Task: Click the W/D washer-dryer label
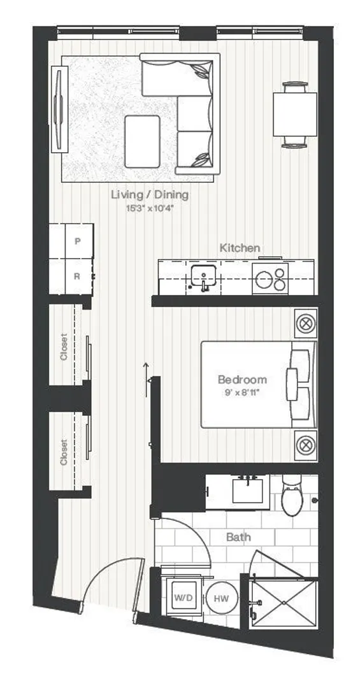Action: (x=184, y=598)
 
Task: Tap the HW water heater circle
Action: (x=222, y=598)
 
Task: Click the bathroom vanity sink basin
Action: (x=248, y=491)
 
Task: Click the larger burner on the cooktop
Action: (x=264, y=280)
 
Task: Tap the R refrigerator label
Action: (x=77, y=276)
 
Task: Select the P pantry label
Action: (x=78, y=241)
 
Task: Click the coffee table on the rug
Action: (x=142, y=141)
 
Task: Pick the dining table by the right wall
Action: (x=295, y=114)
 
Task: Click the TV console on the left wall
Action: (x=60, y=110)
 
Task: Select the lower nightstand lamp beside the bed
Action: (x=306, y=445)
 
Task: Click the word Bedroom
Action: (x=242, y=379)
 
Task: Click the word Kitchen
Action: (x=240, y=248)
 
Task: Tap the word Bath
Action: (x=239, y=536)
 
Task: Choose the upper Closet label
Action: (x=64, y=347)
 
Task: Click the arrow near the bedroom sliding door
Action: (x=146, y=380)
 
